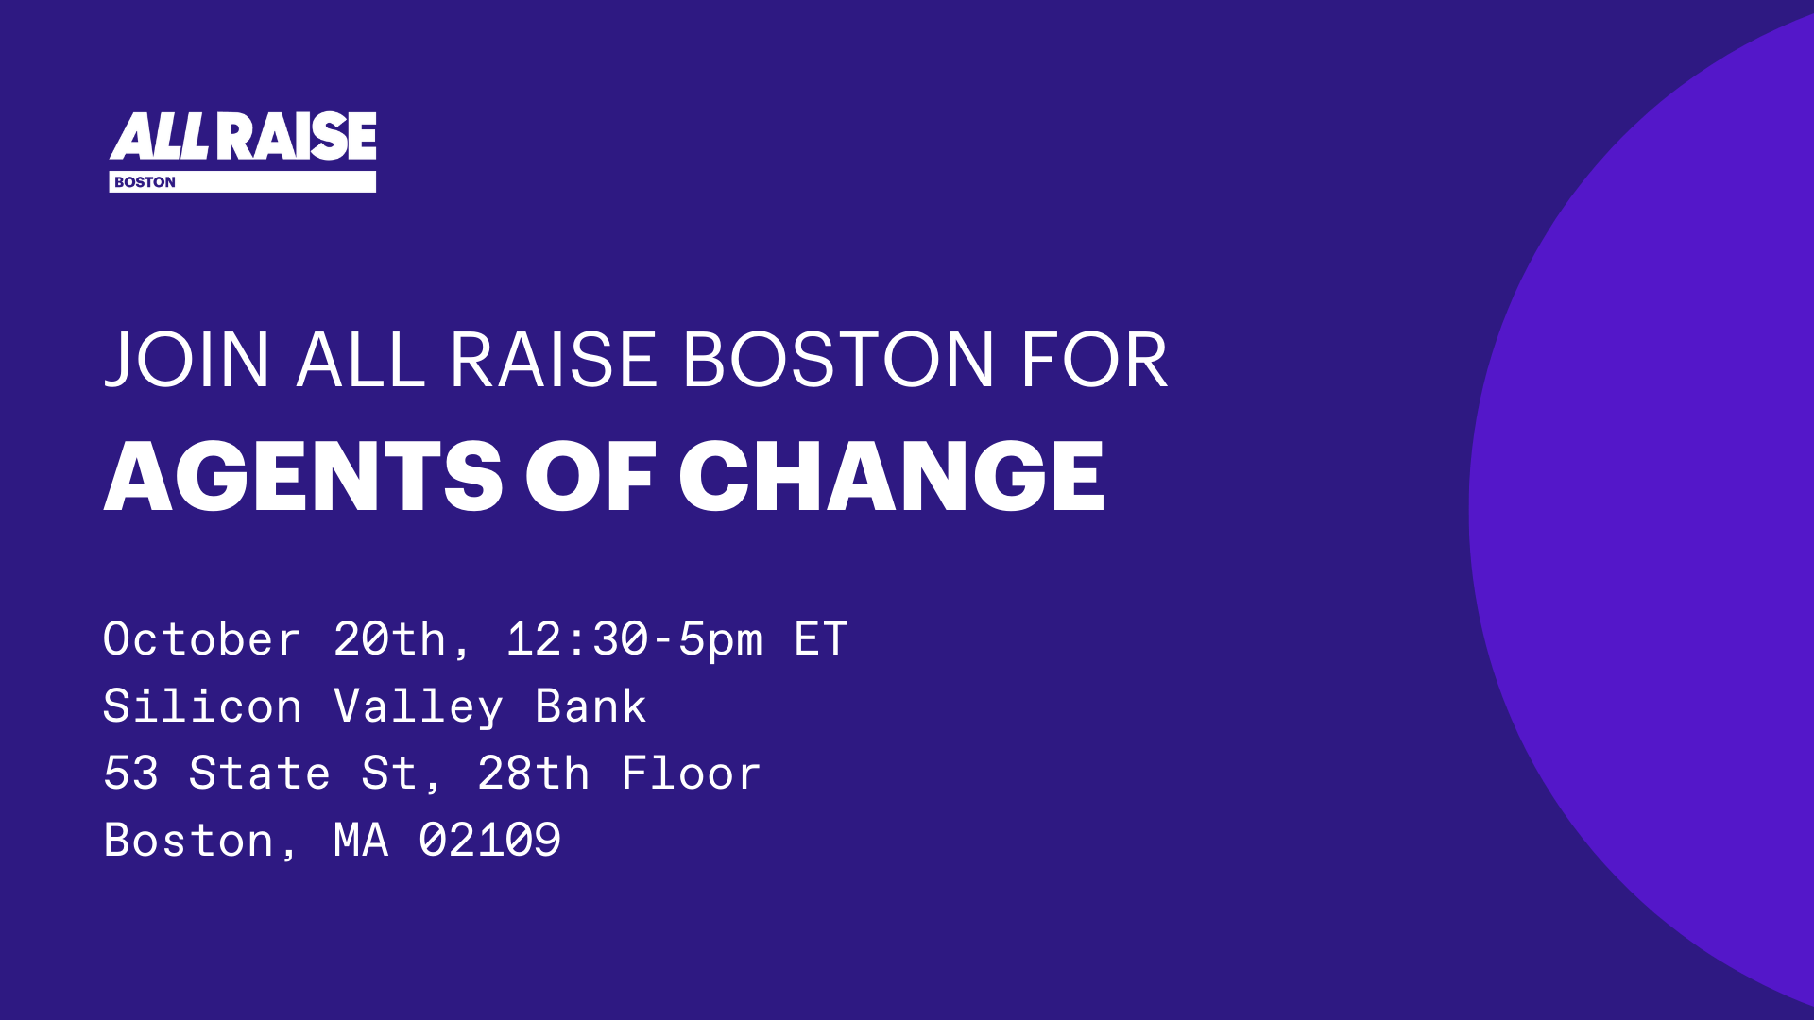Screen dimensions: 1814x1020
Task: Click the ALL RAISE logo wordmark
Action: tap(243, 136)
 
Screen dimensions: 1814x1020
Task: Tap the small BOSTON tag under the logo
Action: tap(145, 182)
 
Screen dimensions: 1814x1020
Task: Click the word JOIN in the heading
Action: tap(187, 360)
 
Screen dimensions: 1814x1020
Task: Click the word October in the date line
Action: tap(202, 639)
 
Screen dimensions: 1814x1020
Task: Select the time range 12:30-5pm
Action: tap(634, 639)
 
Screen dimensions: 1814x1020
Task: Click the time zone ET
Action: tap(821, 639)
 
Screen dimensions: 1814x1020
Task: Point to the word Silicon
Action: tap(202, 706)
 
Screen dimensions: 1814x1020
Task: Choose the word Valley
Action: tap(419, 706)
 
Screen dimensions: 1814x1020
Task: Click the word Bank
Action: tap(591, 706)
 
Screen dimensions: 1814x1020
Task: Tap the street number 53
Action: tap(130, 773)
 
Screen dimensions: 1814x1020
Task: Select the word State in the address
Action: tap(260, 773)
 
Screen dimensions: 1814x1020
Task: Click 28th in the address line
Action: tap(534, 773)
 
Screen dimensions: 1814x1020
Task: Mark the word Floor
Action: tap(692, 773)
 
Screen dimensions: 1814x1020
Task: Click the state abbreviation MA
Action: tap(361, 841)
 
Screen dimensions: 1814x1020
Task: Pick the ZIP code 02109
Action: tap(490, 841)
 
